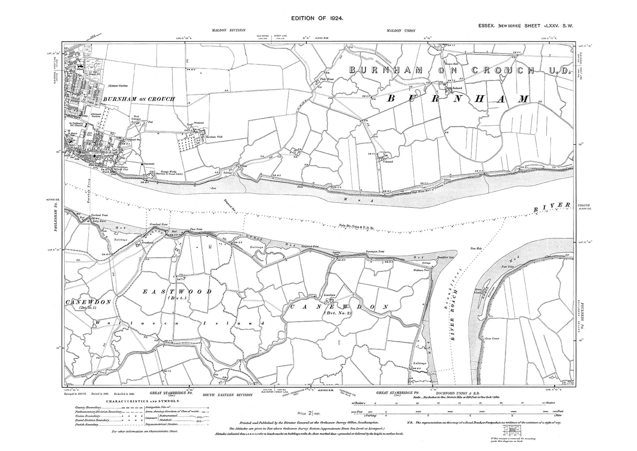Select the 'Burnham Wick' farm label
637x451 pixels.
[x=214, y=137]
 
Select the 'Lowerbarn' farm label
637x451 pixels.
[x=330, y=294]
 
